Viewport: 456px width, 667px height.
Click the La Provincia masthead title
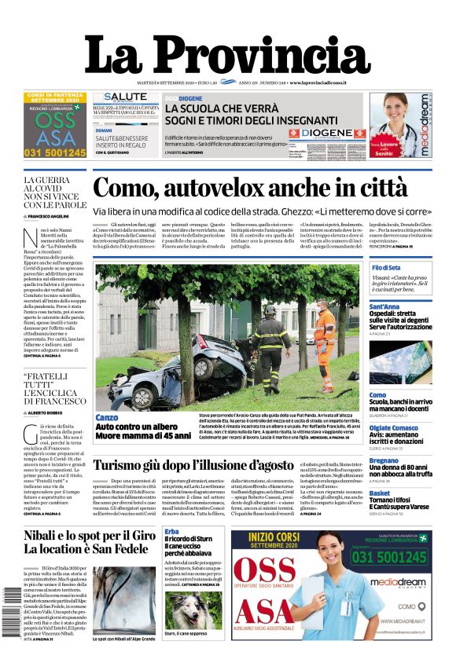227,57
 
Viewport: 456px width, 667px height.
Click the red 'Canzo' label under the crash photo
106,417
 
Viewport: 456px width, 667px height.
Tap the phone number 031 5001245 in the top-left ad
55,152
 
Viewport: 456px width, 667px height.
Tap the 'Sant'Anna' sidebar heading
384,306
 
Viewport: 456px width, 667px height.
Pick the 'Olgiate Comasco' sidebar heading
394,427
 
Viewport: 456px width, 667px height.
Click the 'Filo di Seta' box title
388,268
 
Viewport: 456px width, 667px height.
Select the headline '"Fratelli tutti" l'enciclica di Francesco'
55,388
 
